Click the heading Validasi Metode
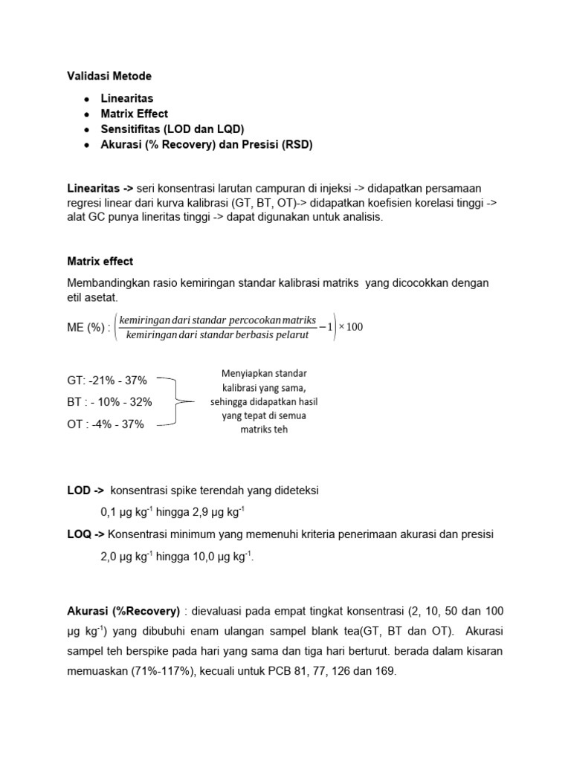click(109, 76)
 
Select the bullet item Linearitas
click(127, 98)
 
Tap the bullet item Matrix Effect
click(135, 114)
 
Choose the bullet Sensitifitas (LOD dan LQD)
click(172, 129)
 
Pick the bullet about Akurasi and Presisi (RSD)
click(207, 145)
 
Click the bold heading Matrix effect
click(100, 262)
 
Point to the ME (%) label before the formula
click(87, 328)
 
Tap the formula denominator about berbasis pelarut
click(217, 335)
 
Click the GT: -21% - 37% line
click(107, 380)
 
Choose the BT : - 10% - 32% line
click(109, 402)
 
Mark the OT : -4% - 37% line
click(106, 424)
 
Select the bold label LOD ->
click(86, 490)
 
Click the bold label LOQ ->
click(86, 534)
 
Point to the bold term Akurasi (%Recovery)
click(123, 611)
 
